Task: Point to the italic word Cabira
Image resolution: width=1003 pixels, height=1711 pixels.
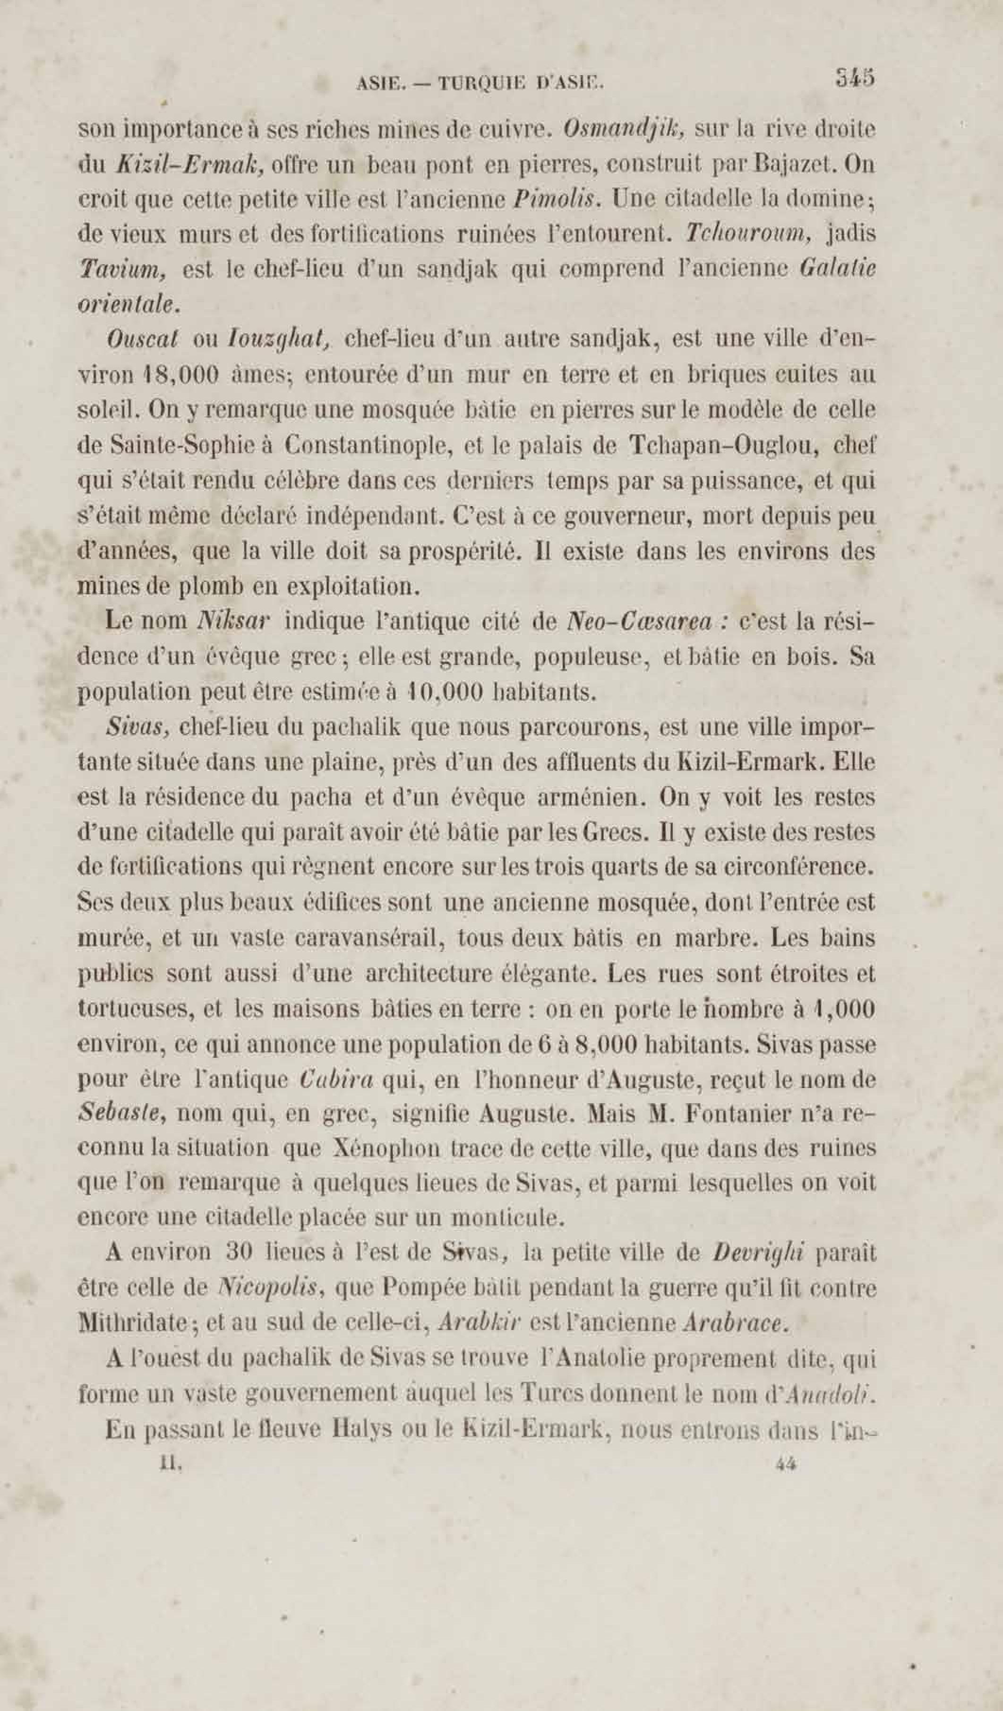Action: (x=336, y=1079)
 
